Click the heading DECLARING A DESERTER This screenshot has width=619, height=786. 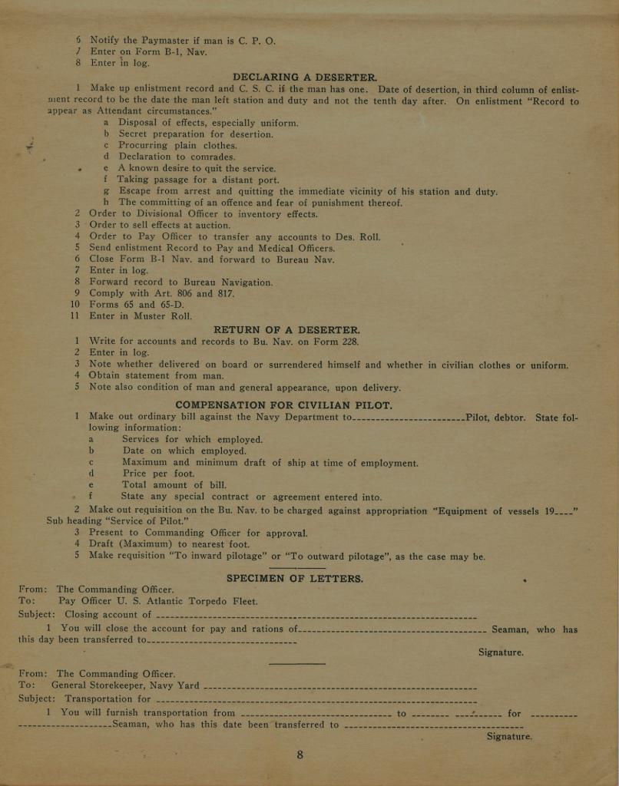(304, 78)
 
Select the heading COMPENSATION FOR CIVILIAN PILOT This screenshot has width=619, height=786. (283, 405)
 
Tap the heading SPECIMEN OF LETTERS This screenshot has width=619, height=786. (295, 578)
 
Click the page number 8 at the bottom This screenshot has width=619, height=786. (300, 755)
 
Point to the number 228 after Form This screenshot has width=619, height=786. (350, 342)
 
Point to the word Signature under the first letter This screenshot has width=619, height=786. (501, 652)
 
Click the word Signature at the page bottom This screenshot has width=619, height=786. (509, 736)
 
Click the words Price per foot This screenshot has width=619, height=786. (158, 474)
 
